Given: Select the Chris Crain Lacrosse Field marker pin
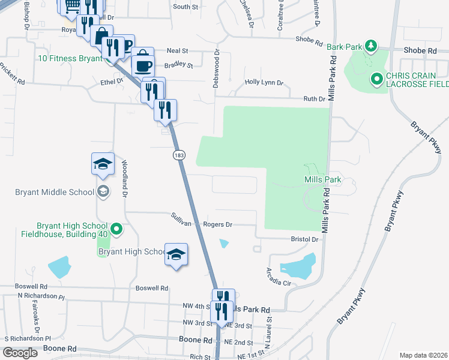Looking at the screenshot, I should (377, 79).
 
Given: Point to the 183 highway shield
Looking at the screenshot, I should (178, 155).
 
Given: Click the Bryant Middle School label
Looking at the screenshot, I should (55, 192).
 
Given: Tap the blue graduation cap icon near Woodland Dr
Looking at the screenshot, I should (103, 164).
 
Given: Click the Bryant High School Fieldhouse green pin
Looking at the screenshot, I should (117, 229).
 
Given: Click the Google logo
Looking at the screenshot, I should (20, 353).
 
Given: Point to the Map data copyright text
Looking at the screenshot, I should (423, 355).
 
